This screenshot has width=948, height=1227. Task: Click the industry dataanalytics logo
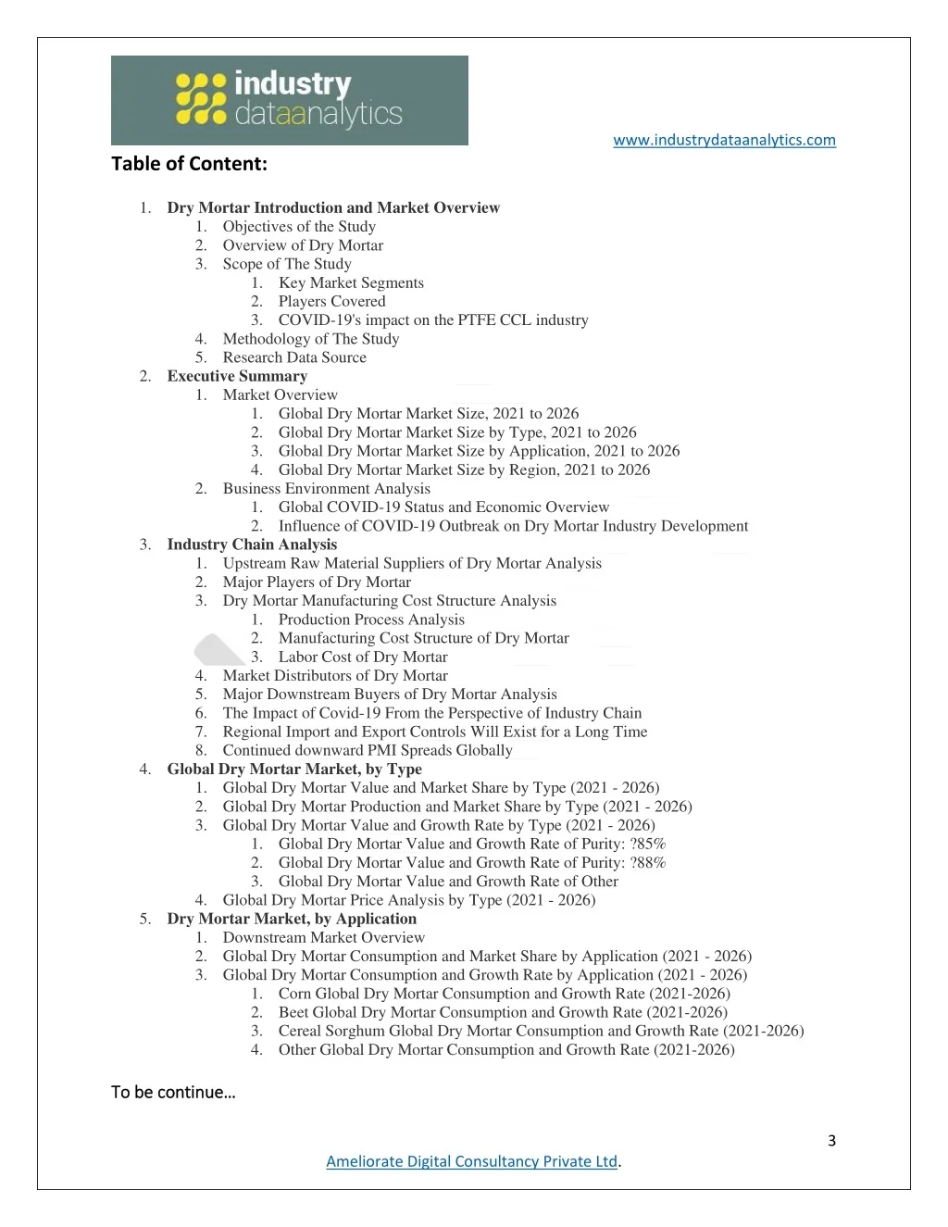coord(289,100)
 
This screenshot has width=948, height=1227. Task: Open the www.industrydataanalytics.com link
coord(724,140)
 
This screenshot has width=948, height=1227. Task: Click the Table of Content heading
coord(189,164)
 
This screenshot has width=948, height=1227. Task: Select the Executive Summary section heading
coord(237,376)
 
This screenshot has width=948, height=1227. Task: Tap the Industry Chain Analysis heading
coord(252,545)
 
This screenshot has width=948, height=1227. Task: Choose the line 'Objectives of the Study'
coord(299,227)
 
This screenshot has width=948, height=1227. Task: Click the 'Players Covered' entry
coord(331,301)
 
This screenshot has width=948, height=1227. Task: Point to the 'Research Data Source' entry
coord(294,357)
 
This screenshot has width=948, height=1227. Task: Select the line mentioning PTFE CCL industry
coord(433,320)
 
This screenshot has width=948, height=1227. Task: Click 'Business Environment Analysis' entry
coord(326,488)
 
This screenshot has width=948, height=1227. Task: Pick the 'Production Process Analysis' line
coord(371,620)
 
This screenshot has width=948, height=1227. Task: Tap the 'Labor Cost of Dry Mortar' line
coord(363,657)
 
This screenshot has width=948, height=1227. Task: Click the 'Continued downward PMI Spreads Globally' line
coord(368,750)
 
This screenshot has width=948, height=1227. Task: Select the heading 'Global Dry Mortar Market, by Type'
coord(294,769)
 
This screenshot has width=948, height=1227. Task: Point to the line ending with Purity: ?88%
coord(472,862)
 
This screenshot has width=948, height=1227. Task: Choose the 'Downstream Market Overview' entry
coord(324,937)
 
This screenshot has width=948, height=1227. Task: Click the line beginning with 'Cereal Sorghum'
coord(541,1031)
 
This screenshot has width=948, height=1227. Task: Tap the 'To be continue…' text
coord(173,1092)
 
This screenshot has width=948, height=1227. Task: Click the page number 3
coord(831,1140)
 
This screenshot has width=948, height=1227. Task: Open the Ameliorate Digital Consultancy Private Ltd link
coord(471,1161)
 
